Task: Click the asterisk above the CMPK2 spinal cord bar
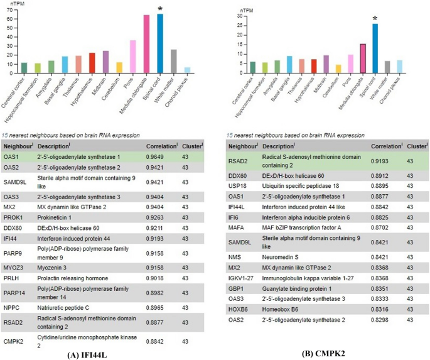(375, 19)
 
